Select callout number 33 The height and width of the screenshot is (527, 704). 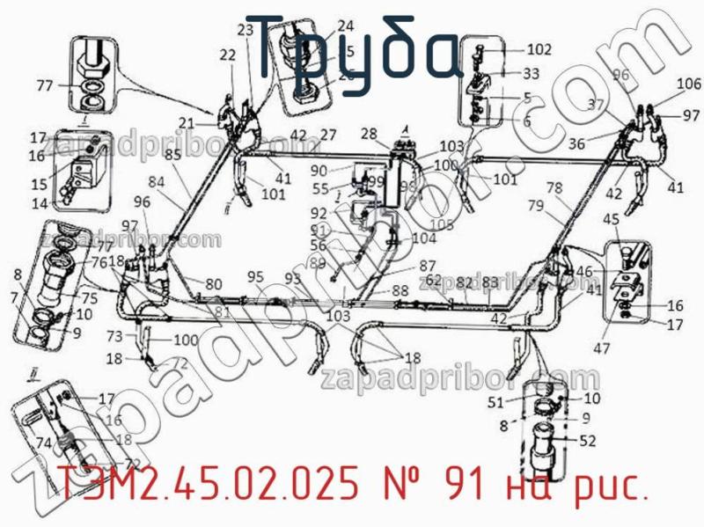pyautogui.click(x=531, y=74)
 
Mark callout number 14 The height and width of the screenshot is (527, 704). pyautogui.click(x=40, y=204)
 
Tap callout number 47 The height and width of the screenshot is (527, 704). pyautogui.click(x=601, y=348)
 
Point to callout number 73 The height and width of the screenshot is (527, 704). pyautogui.click(x=115, y=336)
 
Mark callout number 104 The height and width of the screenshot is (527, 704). pyautogui.click(x=423, y=238)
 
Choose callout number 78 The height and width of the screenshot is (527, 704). pyautogui.click(x=554, y=188)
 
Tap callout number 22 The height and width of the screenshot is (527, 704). pyautogui.click(x=228, y=55)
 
